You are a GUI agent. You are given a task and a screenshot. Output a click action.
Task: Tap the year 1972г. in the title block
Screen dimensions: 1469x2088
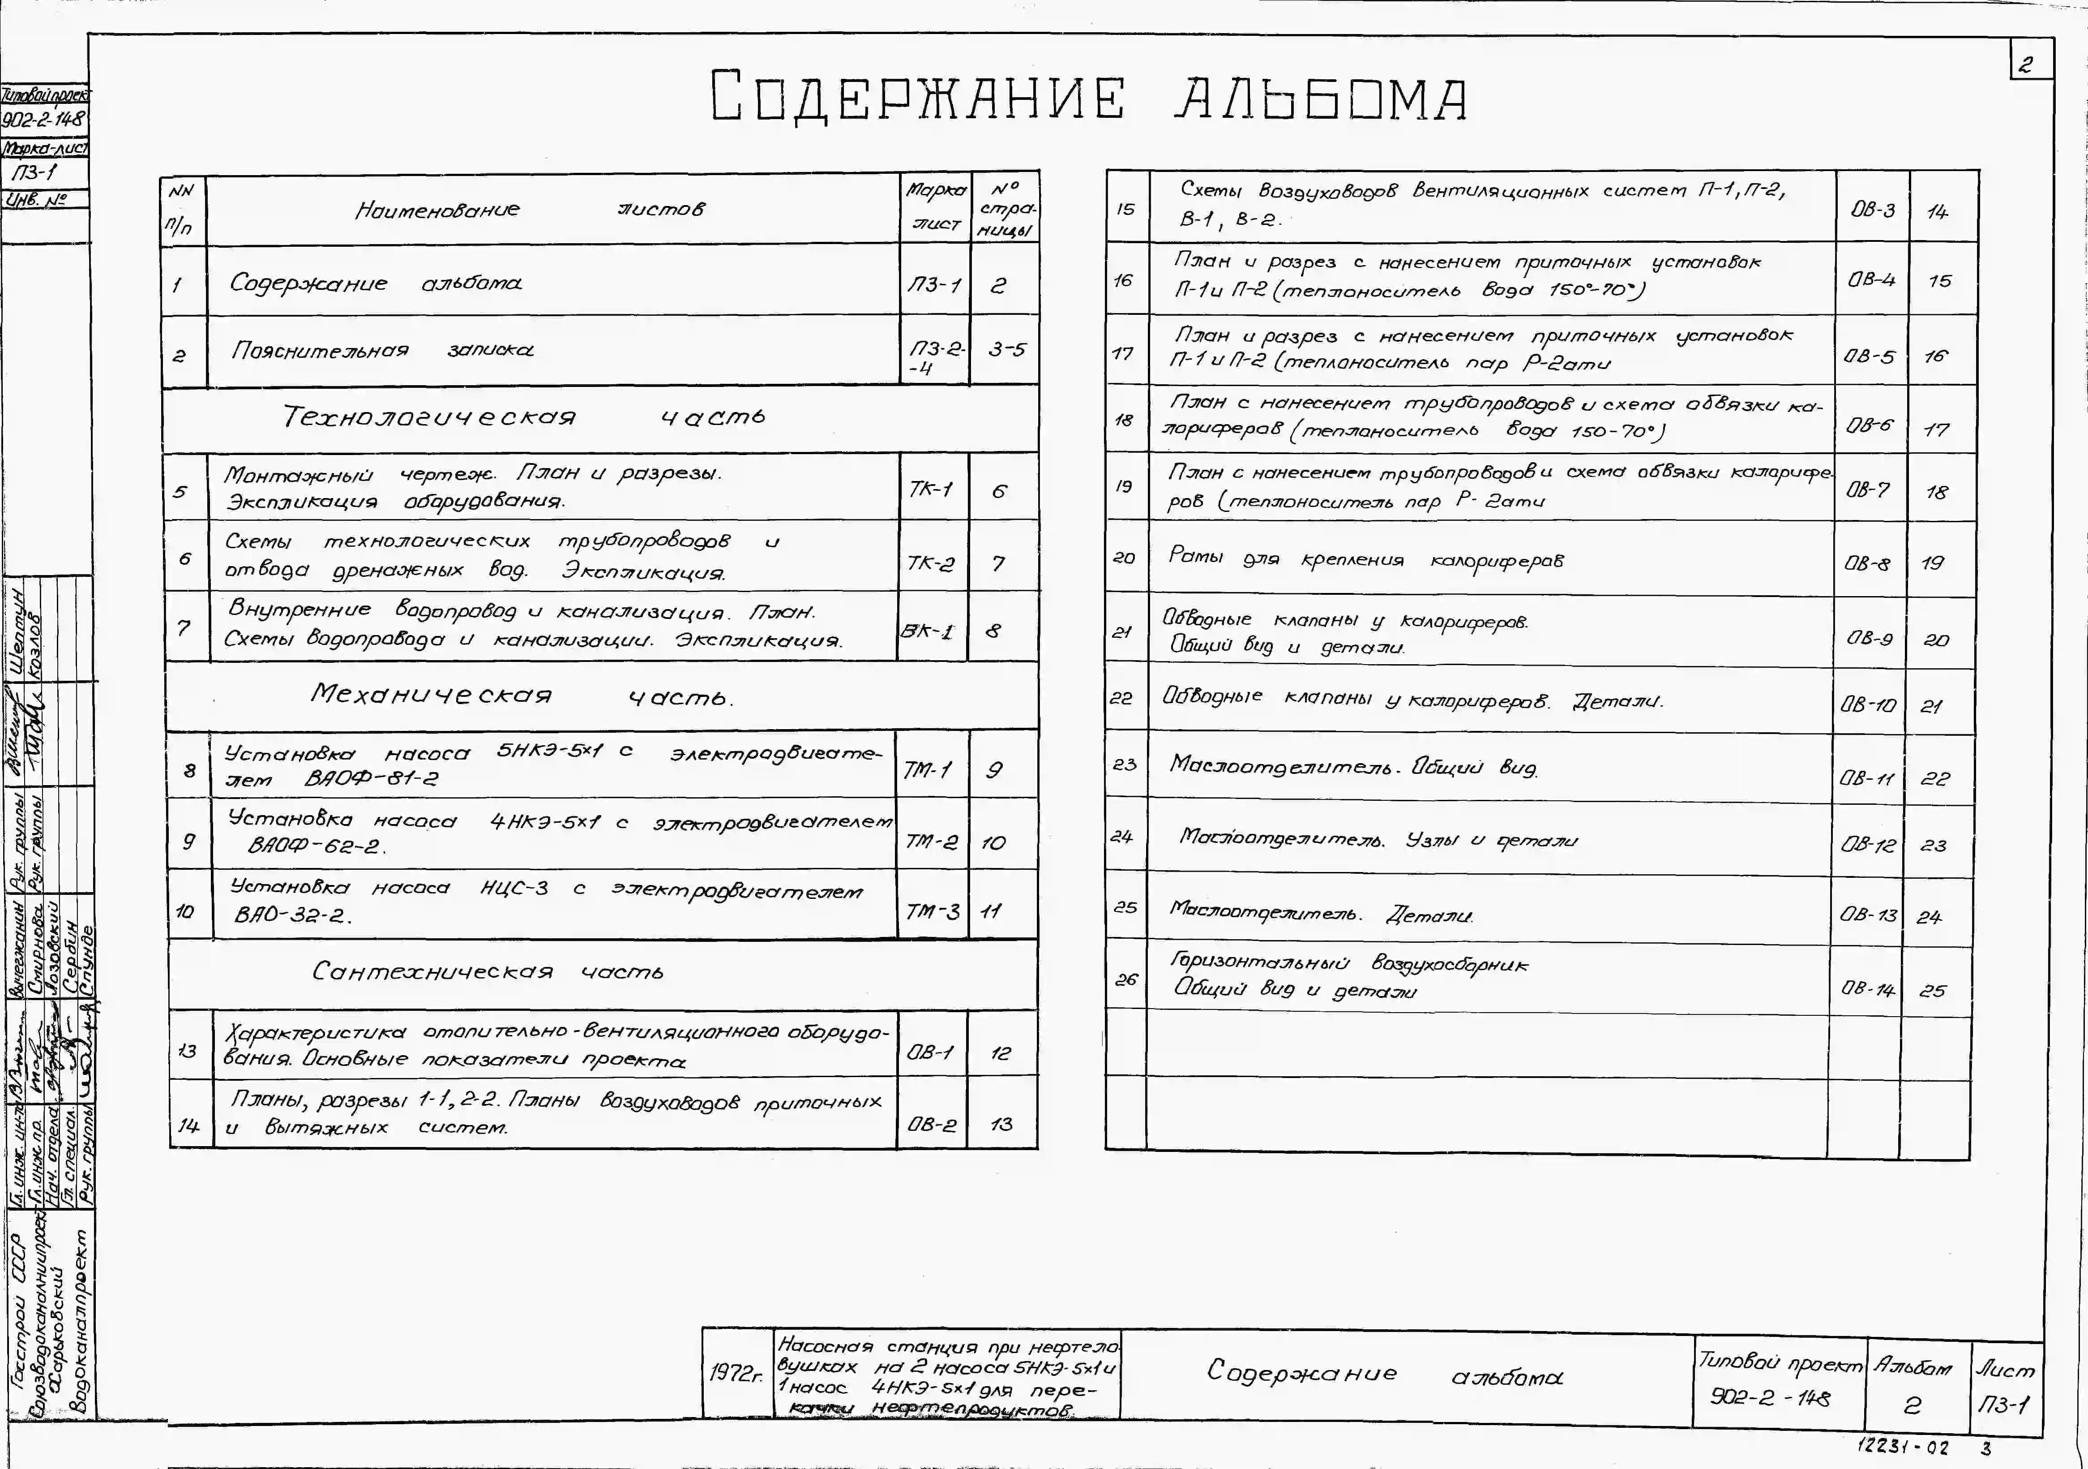pyautogui.click(x=736, y=1373)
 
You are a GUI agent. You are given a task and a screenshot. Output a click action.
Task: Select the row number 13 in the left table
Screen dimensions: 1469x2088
pyautogui.click(x=187, y=1052)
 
